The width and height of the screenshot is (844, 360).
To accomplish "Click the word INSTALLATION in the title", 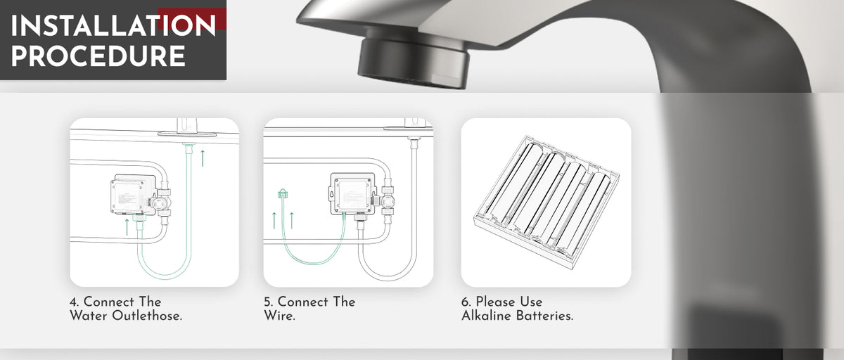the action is (x=113, y=25).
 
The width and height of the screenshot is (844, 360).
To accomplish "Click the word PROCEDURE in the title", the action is (x=98, y=56).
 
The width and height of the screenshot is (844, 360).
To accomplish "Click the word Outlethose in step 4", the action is (x=147, y=316).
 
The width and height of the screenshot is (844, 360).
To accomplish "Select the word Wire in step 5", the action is (x=279, y=316).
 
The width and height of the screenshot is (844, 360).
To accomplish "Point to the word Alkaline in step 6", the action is (x=487, y=316).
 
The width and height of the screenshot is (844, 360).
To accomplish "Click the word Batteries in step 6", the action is (x=544, y=316).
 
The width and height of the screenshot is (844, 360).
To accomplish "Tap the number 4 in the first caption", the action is (x=74, y=302).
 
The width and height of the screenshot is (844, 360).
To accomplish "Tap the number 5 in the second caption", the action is (x=268, y=302).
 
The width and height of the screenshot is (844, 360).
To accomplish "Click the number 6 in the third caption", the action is (x=466, y=302).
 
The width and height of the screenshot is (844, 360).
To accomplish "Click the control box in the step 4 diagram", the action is (x=134, y=194).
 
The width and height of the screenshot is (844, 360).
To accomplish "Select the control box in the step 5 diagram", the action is (x=352, y=194).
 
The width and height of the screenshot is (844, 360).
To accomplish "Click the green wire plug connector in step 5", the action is (x=283, y=193).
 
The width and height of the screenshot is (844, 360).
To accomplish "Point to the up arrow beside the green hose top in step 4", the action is (x=203, y=158).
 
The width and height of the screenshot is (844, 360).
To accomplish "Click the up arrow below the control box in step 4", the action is (x=127, y=227).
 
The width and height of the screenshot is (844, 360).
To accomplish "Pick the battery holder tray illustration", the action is (x=546, y=202).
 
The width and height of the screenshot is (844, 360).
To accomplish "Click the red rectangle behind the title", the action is (x=192, y=19).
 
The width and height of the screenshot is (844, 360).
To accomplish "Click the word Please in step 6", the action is (x=490, y=302).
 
